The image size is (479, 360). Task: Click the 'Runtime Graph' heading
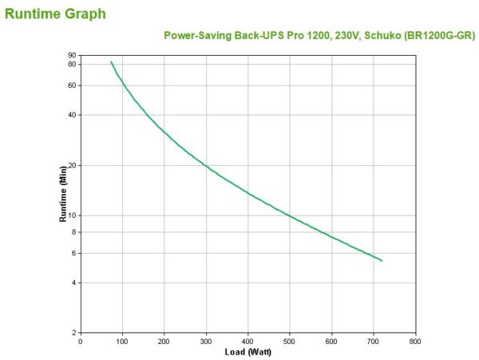coord(55,14)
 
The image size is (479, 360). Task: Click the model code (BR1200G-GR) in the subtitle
coord(439,35)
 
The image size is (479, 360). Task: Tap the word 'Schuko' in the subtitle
coord(382,35)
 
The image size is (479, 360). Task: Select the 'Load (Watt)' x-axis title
coord(247,352)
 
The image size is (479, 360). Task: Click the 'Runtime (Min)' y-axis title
coord(62,194)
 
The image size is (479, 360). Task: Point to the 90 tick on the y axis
coord(72,55)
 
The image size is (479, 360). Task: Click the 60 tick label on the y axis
coord(72,85)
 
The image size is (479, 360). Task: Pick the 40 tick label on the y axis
coord(72,115)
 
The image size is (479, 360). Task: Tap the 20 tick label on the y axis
coord(72,165)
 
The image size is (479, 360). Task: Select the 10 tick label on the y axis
coord(72,216)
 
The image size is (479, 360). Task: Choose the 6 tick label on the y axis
coord(73,253)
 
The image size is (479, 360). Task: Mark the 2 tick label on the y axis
coord(73,333)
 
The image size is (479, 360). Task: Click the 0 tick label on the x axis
coord(81,342)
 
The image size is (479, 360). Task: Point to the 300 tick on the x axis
coord(206,342)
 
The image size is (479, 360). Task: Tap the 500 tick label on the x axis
coord(290,342)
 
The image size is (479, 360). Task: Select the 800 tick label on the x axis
coord(415,342)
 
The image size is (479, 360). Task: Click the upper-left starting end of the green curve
coord(111,62)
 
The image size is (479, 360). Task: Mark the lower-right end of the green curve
coord(382,261)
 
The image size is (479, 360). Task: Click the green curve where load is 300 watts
coord(206,166)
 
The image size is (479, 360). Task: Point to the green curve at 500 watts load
coord(290,216)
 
